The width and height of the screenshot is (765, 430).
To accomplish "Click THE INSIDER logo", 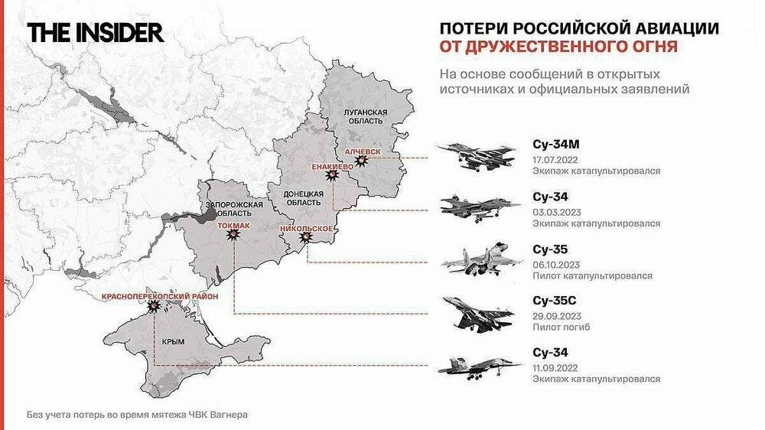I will (x=96, y=33).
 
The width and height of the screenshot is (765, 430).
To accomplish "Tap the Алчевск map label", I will (x=363, y=152).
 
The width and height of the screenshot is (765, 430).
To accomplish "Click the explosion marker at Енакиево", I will (x=331, y=175).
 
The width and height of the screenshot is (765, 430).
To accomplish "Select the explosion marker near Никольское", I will (x=306, y=238).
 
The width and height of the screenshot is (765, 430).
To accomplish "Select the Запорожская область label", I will (x=235, y=210).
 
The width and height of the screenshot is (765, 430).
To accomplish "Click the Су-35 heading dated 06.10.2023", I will (x=549, y=249).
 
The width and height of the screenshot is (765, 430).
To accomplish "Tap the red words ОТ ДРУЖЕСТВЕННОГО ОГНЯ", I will (x=558, y=47).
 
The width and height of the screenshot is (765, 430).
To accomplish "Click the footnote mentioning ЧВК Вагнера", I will (x=138, y=415).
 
